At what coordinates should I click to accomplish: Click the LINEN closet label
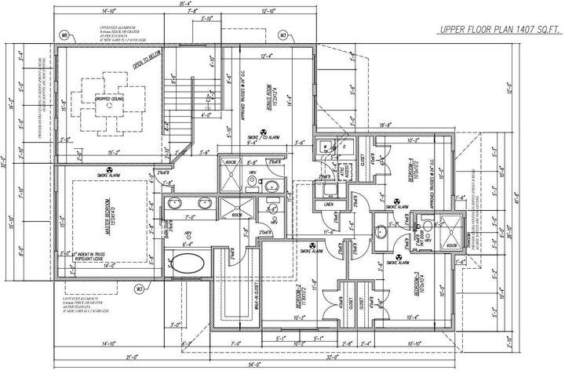point(328,205)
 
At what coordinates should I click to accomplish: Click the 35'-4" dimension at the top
point(186,5)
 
